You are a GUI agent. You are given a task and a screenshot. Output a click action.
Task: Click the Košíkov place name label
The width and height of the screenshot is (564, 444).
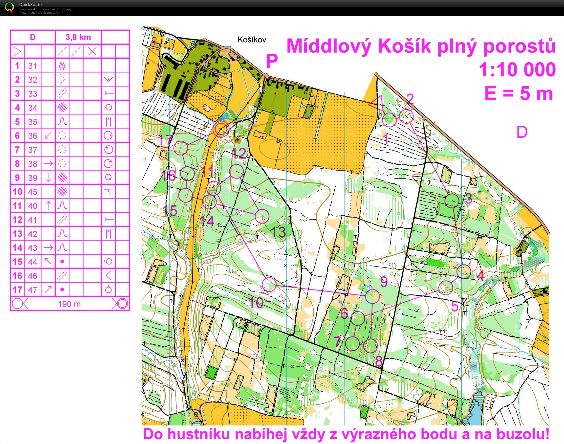tap(252, 40)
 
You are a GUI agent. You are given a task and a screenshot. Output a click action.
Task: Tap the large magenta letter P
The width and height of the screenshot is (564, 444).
tap(272, 61)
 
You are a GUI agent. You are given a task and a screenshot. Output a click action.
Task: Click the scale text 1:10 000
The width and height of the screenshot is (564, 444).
tap(517, 70)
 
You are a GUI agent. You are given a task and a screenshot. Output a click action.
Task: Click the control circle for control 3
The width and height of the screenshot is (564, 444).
tap(452, 200)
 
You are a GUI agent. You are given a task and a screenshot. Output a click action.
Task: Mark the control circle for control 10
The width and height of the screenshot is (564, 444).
tap(269, 284)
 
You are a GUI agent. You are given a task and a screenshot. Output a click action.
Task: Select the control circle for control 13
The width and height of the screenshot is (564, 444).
tap(262, 216)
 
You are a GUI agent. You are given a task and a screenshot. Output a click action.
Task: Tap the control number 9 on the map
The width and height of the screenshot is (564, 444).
tap(384, 281)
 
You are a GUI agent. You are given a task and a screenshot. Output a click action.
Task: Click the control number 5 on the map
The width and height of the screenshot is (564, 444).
tap(455, 307)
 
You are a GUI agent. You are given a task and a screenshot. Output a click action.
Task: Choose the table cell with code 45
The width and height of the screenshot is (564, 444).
tap(33, 192)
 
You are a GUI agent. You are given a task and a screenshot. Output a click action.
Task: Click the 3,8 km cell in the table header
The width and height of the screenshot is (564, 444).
tap(78, 37)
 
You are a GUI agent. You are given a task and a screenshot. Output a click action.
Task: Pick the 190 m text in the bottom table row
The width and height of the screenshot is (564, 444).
tap(69, 304)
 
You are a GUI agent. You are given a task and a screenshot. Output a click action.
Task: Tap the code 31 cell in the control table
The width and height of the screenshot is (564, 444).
tap(33, 66)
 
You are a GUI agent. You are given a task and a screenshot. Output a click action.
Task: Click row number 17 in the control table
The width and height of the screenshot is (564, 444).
tap(17, 289)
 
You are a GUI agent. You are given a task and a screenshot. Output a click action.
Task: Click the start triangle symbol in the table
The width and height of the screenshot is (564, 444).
tap(17, 51)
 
